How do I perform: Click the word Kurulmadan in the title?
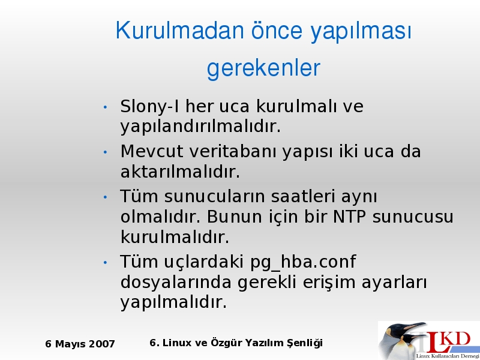pos(179,30)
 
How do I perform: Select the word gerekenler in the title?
pos(263,68)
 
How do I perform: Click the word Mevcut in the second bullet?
pos(152,151)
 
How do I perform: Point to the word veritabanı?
pos(233,151)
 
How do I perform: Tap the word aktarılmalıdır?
pos(180,172)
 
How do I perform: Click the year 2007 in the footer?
pos(101,344)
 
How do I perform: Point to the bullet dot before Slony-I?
pos(106,107)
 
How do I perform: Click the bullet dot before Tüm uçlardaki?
pos(106,263)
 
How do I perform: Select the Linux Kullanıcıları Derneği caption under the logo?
pos(448,356)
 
